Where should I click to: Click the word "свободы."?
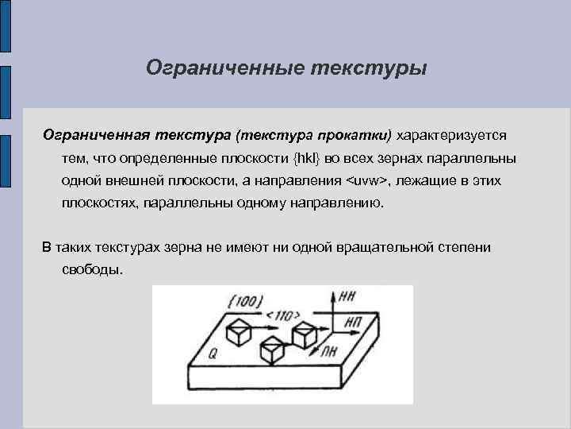click(x=92, y=269)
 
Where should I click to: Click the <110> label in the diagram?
click(x=280, y=315)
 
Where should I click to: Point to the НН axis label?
click(x=346, y=297)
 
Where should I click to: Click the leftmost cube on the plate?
click(x=239, y=331)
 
